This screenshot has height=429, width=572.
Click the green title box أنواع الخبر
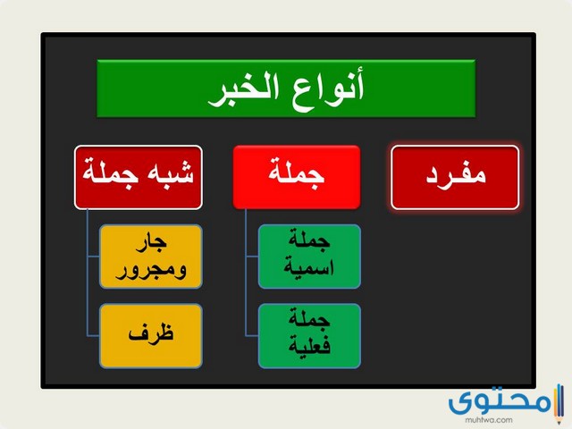coord(286,88)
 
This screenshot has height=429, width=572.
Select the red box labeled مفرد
coord(455,176)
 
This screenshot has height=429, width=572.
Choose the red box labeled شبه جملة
coord(139,172)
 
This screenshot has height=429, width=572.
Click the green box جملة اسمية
coord(309,257)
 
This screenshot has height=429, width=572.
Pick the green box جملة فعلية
coord(309,335)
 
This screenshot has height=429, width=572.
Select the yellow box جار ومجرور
coord(150,257)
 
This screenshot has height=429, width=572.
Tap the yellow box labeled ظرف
coord(150,335)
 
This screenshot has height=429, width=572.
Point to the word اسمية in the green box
coord(309,267)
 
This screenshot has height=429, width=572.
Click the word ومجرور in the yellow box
coord(150,268)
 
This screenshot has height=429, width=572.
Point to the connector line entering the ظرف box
coord(93,335)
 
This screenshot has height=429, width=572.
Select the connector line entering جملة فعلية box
coord(251,335)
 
